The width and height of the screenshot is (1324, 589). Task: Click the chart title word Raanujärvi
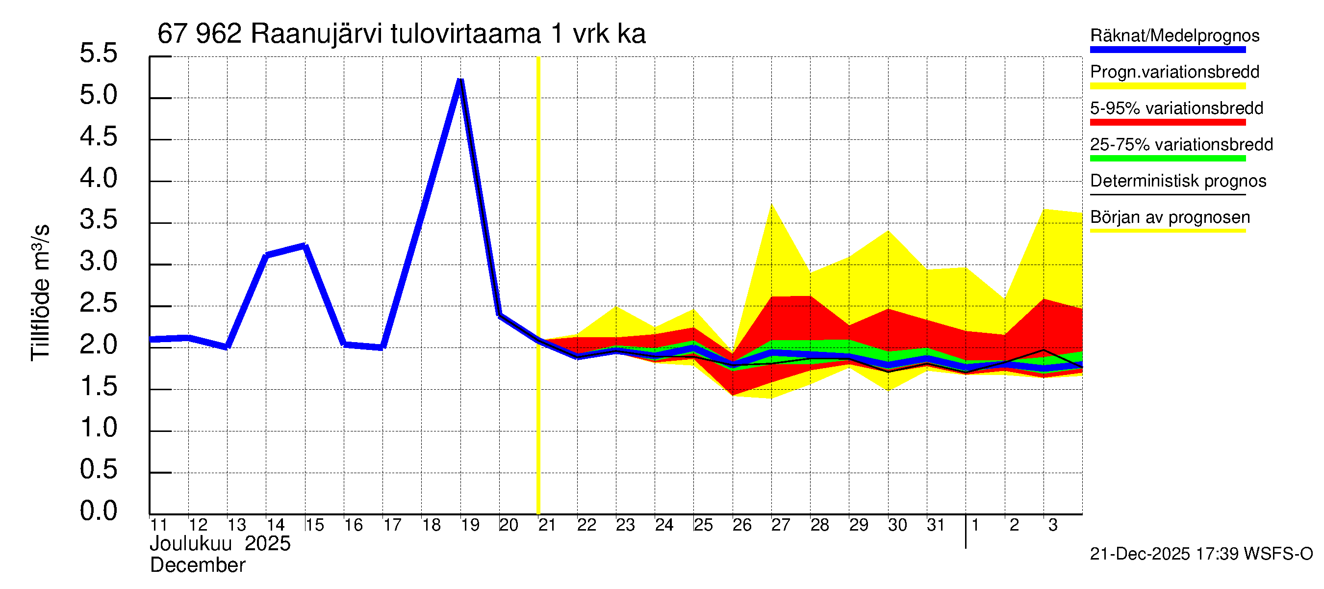coord(316,34)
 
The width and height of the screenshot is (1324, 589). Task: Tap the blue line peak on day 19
coord(460,81)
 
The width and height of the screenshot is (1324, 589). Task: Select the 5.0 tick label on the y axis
coord(98,95)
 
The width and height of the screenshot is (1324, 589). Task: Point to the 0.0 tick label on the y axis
coord(98,511)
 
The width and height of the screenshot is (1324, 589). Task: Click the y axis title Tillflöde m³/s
coord(40,293)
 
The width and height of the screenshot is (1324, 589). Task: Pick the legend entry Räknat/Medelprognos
coord(1174,36)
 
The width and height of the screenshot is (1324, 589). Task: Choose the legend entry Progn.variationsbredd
coord(1174,72)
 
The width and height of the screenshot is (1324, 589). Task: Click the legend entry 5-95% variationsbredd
coord(1176,108)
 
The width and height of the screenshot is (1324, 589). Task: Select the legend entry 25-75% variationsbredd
coord(1181,144)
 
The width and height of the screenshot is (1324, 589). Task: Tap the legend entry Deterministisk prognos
coord(1178,181)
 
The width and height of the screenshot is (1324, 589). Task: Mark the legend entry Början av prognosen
coord(1170,217)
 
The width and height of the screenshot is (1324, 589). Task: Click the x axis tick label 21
coord(547,525)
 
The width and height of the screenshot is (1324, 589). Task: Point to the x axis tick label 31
coord(936,525)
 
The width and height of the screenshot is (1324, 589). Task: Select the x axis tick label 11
coord(159,525)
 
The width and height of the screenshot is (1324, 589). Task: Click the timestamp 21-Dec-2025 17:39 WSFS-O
coord(1201,554)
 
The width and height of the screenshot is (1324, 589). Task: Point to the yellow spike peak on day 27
coord(771,205)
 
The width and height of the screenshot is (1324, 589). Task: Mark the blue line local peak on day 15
coord(305,246)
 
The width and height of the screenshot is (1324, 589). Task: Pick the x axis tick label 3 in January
coord(1053,525)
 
